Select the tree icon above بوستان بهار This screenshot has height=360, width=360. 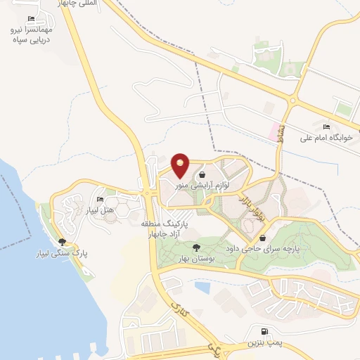195,247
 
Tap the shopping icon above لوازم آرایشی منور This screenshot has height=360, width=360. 202,174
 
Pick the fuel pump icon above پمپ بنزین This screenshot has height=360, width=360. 264,332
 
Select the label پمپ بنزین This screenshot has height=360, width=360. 264,342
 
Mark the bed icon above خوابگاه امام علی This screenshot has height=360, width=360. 326,127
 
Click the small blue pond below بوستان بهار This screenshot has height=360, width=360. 202,287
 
